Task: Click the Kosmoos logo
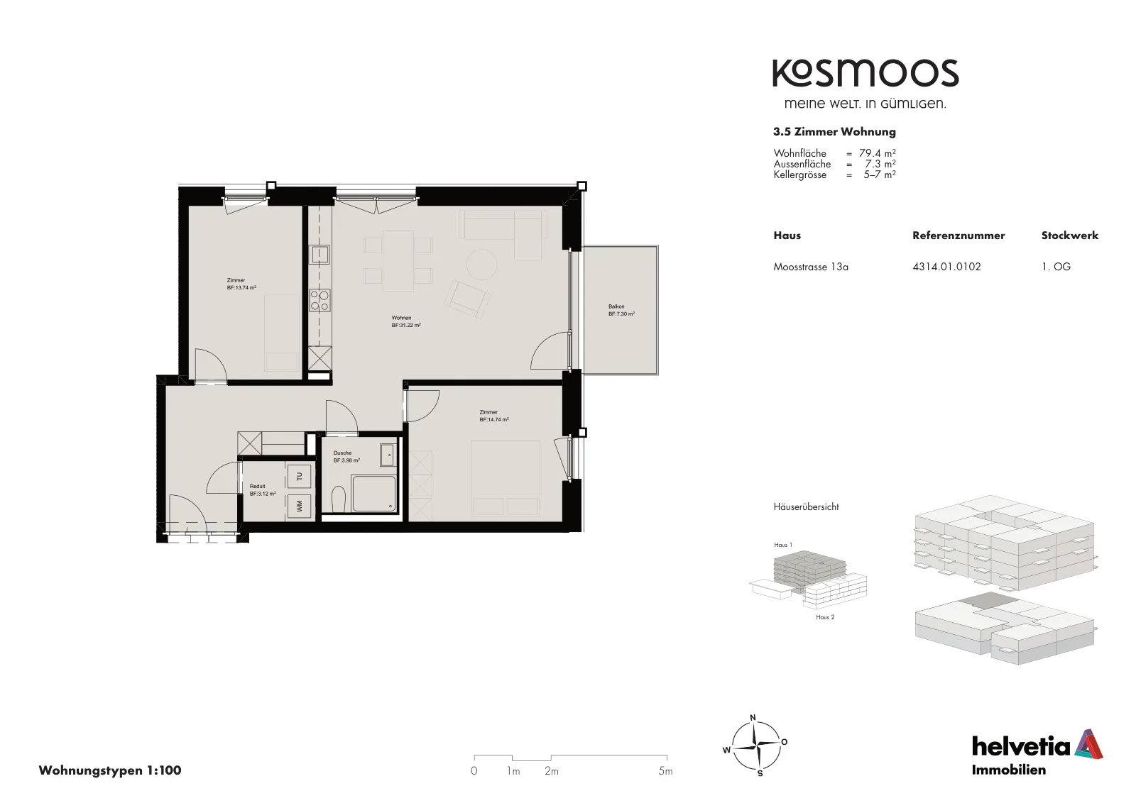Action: pyautogui.click(x=865, y=74)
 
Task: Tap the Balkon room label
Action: pyautogui.click(x=621, y=310)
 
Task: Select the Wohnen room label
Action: pyautogui.click(x=405, y=322)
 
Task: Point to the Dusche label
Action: pyautogui.click(x=346, y=457)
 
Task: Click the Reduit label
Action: pyautogui.click(x=263, y=490)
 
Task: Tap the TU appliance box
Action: pyautogui.click(x=299, y=476)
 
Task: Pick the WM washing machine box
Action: pyautogui.click(x=299, y=506)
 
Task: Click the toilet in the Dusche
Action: pyautogui.click(x=338, y=499)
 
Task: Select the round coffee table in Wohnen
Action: pyautogui.click(x=482, y=263)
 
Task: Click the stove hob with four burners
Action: pyautogui.click(x=320, y=300)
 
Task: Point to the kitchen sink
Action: pyautogui.click(x=320, y=254)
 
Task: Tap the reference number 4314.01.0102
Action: pyautogui.click(x=946, y=267)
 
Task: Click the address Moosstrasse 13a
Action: pyautogui.click(x=810, y=267)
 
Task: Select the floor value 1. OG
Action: pyautogui.click(x=1056, y=267)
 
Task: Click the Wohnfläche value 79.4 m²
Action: pyautogui.click(x=877, y=153)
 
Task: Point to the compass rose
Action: pyautogui.click(x=755, y=746)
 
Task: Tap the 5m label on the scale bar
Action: pyautogui.click(x=665, y=771)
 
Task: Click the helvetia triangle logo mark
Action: pyautogui.click(x=1088, y=743)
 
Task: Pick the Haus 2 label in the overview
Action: pyautogui.click(x=825, y=617)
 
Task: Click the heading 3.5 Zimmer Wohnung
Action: pyautogui.click(x=834, y=132)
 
